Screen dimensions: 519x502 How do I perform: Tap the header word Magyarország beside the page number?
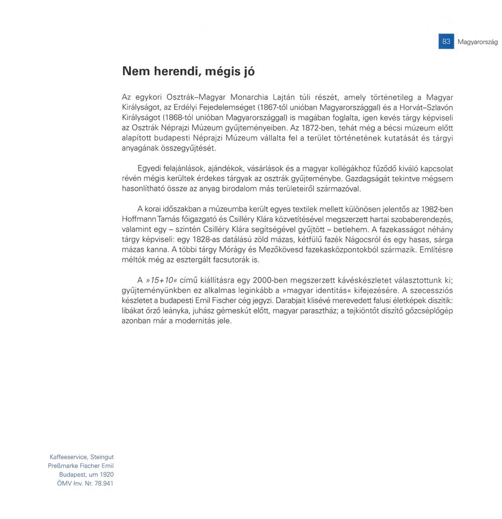click(x=477, y=42)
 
